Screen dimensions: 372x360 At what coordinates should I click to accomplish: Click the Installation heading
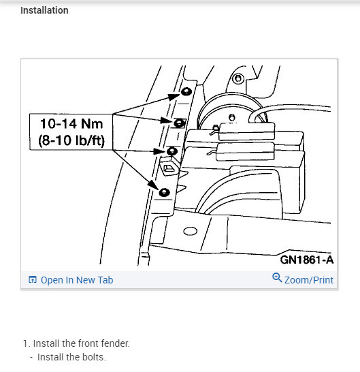(44, 10)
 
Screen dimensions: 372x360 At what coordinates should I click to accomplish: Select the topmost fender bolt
(185, 91)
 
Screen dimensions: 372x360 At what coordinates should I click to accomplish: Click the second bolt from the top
(180, 123)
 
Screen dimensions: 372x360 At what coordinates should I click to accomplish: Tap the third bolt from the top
(172, 151)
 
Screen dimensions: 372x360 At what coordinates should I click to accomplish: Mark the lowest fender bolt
(163, 192)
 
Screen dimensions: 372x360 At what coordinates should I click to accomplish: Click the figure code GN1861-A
(306, 260)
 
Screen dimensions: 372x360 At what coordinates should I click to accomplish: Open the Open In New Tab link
(77, 280)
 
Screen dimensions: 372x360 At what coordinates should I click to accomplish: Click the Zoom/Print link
(308, 280)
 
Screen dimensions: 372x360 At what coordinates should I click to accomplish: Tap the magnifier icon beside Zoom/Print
(277, 279)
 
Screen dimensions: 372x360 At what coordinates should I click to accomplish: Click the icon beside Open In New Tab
(32, 280)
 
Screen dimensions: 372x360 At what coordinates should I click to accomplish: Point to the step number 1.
(24, 343)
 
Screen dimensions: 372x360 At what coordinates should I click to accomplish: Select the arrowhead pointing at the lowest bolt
(156, 185)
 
